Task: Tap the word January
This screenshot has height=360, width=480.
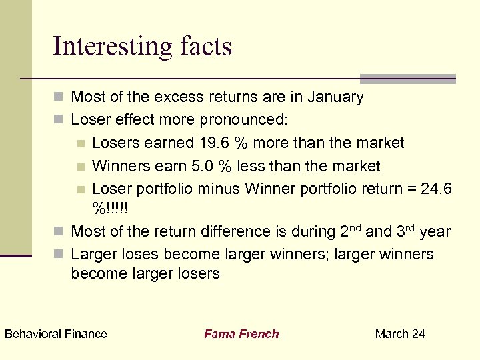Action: [336, 97]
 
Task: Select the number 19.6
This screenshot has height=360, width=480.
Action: [214, 143]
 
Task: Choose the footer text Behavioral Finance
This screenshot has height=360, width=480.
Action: [56, 334]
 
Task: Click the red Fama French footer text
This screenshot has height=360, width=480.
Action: [241, 334]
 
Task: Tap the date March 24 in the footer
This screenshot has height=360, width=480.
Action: [400, 334]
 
